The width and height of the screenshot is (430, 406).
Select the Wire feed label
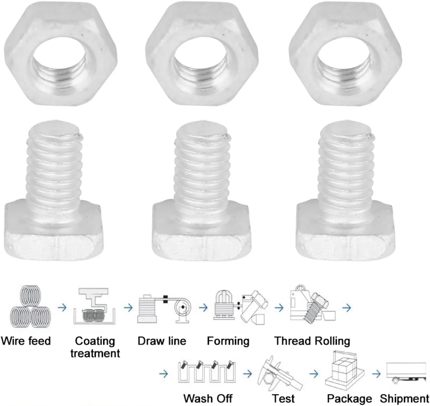click(26, 341)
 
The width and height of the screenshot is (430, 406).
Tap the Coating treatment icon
click(94, 306)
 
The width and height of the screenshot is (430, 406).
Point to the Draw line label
click(162, 341)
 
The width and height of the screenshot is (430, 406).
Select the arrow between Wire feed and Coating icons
click(62, 308)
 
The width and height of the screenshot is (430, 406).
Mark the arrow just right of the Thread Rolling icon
click(347, 308)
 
